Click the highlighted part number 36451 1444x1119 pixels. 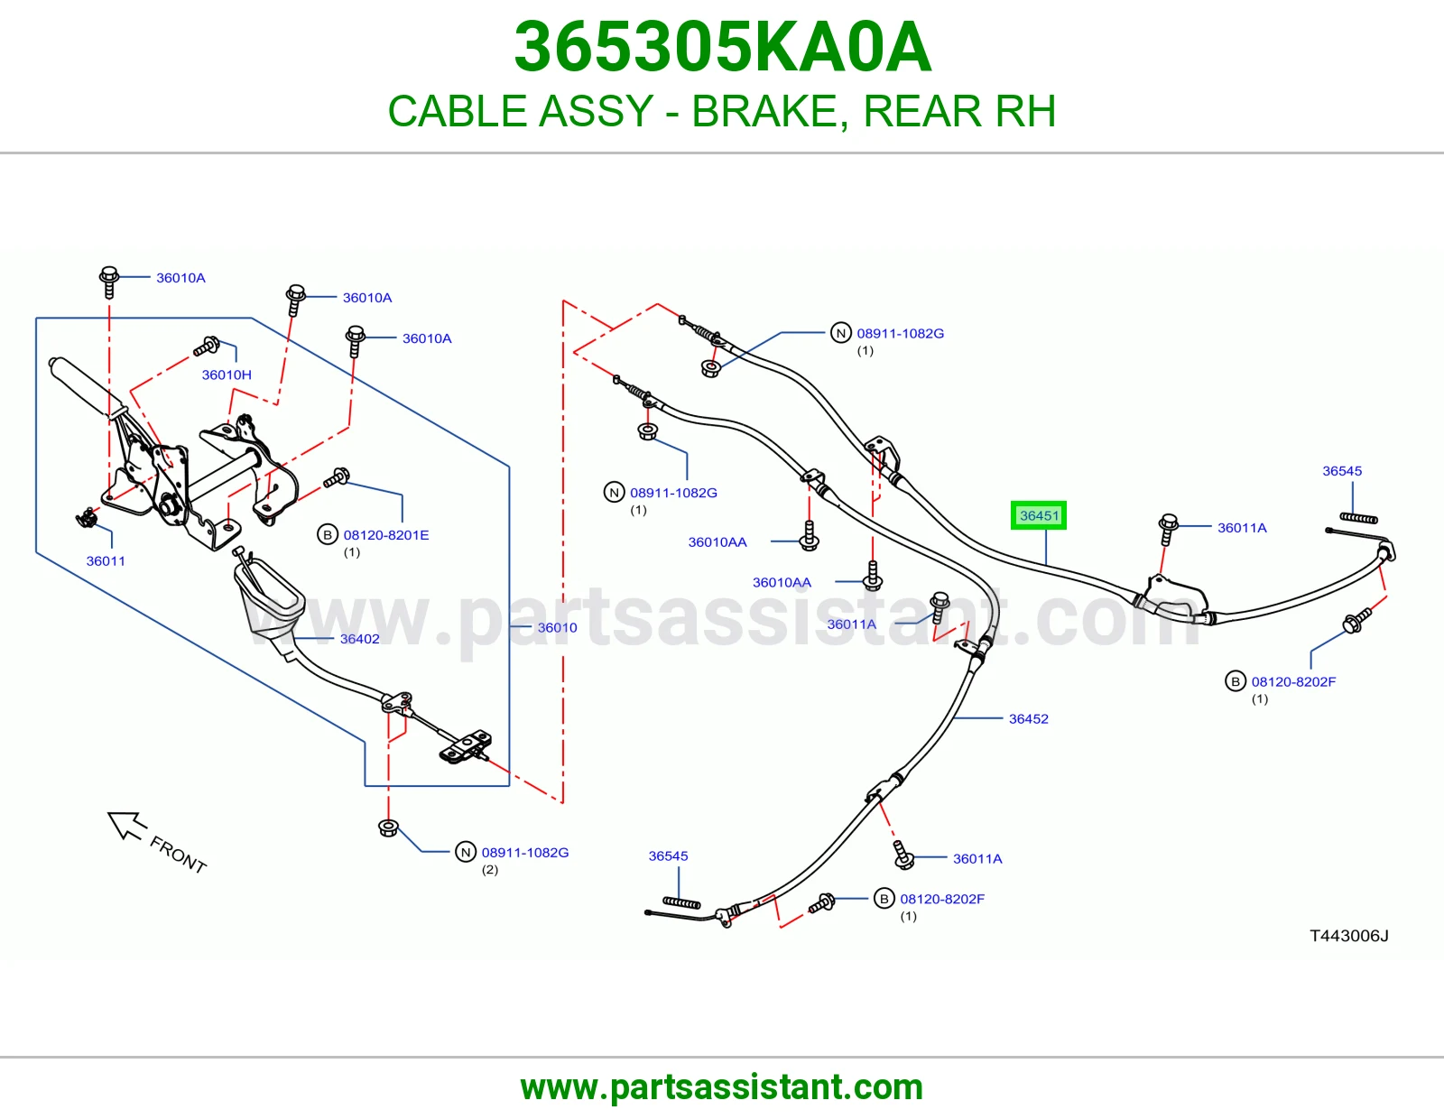coord(1039,515)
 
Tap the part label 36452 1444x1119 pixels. coord(1028,718)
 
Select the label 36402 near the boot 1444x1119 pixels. coord(359,639)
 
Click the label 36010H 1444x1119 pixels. coord(227,375)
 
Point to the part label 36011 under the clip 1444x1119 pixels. coord(106,560)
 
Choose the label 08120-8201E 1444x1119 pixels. coord(386,535)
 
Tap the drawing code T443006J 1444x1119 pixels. coord(1349,936)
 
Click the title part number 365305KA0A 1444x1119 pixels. coord(722,47)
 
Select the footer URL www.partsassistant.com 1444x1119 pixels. coord(722,1087)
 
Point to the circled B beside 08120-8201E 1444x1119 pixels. coord(327,535)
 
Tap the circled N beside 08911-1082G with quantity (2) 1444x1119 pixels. coord(465,852)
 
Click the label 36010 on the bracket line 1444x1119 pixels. coord(557,627)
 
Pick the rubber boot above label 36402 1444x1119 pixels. coord(269,605)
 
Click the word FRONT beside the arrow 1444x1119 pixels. coord(178,855)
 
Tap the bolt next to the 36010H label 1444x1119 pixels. coord(207,347)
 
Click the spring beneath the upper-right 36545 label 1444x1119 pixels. coord(1358,518)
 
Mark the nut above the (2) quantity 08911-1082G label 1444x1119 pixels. coord(388,828)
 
